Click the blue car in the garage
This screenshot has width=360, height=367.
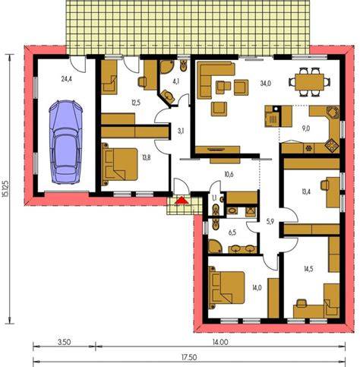click(x=65, y=142)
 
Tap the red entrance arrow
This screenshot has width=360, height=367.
click(x=182, y=201)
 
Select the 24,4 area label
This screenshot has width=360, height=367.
click(x=67, y=79)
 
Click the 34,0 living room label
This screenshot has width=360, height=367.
click(x=266, y=83)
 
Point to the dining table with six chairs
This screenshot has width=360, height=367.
click(x=310, y=82)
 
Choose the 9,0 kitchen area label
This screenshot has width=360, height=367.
click(x=306, y=128)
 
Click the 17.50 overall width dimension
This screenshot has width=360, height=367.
click(x=189, y=357)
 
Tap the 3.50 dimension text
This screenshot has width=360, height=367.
click(x=64, y=342)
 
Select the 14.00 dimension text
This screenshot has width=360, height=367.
click(x=220, y=342)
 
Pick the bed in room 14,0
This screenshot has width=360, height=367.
click(x=226, y=287)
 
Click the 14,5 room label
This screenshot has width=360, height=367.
click(x=308, y=269)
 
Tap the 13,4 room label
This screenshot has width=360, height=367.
click(x=305, y=192)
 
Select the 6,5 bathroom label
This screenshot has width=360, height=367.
click(x=232, y=233)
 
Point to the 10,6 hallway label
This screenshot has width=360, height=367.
click(x=229, y=175)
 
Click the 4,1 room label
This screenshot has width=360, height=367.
click(x=175, y=81)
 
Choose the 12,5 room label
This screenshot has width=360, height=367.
click(x=136, y=103)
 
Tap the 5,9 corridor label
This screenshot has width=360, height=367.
click(x=270, y=222)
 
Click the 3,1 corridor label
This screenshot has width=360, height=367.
click(x=181, y=131)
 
